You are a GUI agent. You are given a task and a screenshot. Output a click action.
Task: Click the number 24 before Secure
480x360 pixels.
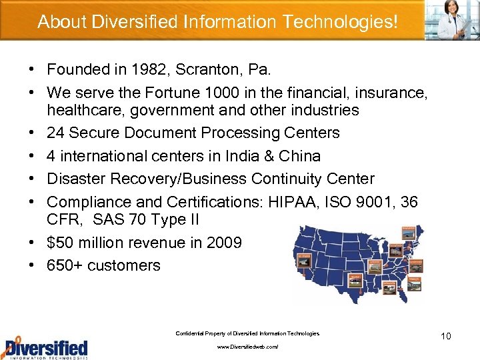(57, 133)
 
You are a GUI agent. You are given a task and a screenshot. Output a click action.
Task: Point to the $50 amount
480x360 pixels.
(61, 242)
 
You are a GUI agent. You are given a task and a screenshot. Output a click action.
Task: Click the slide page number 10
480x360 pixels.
(445, 336)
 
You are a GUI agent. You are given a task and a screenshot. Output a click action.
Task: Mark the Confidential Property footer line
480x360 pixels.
(247, 333)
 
